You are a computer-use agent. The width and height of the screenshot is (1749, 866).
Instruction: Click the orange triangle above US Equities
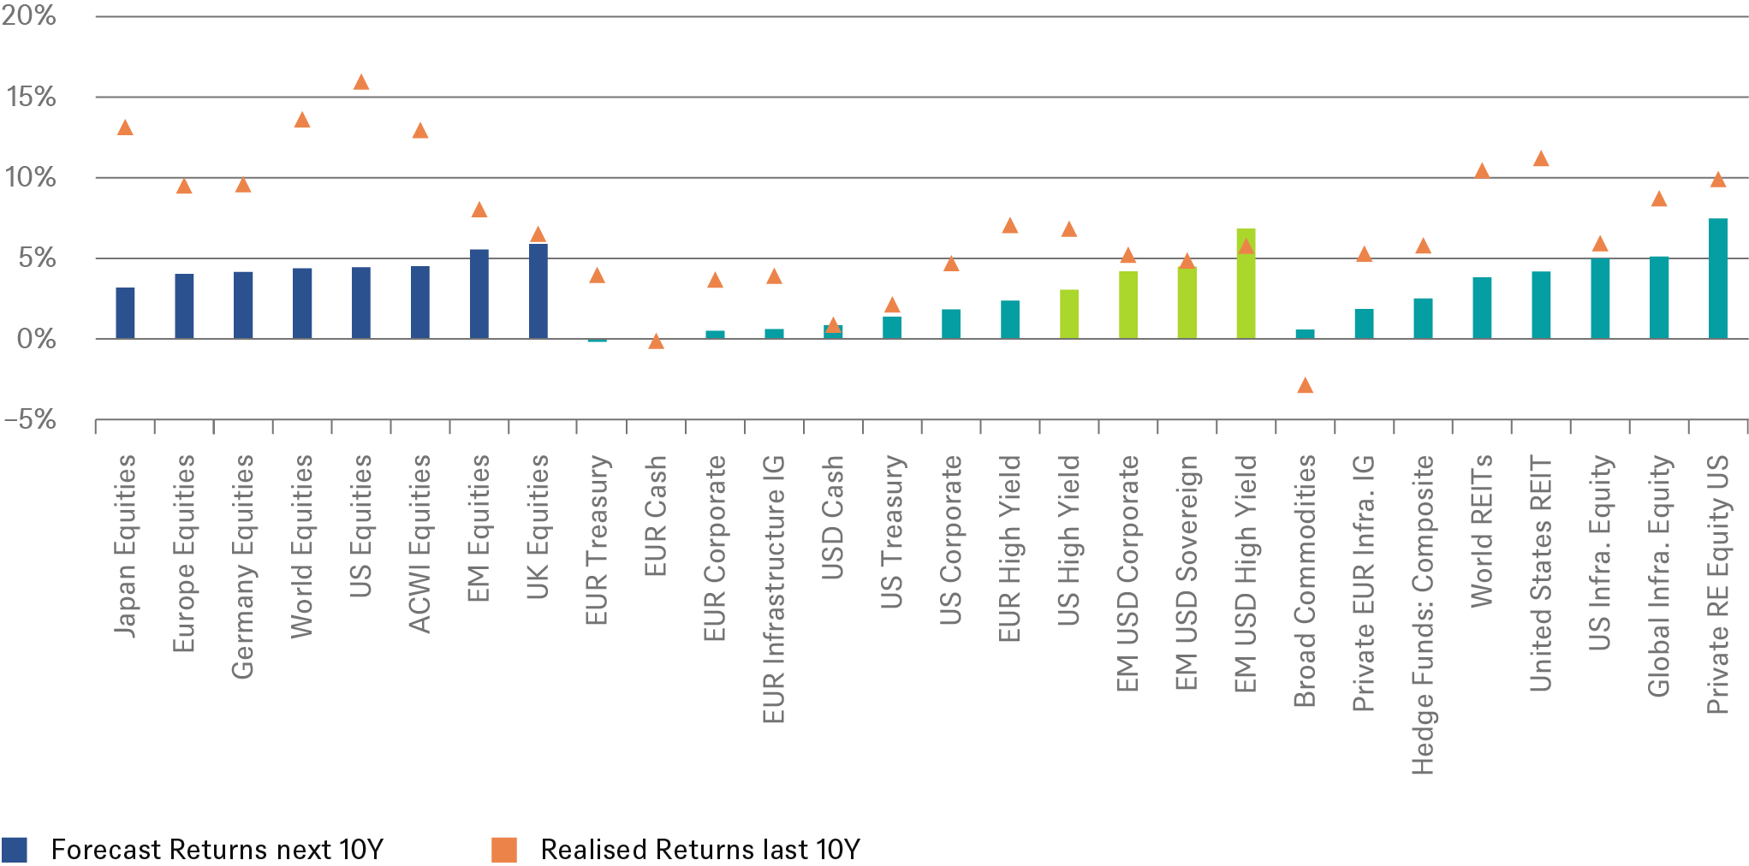(x=361, y=83)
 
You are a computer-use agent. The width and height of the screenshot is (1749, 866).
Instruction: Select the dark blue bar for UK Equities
(x=538, y=291)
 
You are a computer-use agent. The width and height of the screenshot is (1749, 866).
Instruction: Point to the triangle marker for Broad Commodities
(x=1305, y=386)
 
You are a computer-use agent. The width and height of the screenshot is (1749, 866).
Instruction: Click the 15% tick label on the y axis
(x=31, y=97)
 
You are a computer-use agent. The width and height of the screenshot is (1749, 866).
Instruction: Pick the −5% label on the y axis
(x=29, y=419)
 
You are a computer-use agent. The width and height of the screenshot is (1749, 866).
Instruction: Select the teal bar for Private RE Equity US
(x=1717, y=279)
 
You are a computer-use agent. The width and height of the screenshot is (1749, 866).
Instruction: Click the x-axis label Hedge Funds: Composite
(x=1423, y=614)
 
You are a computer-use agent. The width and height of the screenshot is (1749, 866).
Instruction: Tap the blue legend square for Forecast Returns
(x=15, y=850)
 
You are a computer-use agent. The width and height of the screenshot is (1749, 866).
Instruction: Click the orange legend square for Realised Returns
(x=504, y=850)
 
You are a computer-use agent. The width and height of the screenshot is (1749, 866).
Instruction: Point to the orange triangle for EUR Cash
(x=657, y=341)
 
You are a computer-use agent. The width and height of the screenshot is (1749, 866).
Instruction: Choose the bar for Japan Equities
(x=125, y=313)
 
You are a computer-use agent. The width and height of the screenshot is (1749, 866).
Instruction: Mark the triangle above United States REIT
(x=1541, y=159)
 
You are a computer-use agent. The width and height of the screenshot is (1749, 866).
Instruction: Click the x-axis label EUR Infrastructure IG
(x=773, y=589)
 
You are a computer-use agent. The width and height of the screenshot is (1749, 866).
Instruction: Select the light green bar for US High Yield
(x=1068, y=314)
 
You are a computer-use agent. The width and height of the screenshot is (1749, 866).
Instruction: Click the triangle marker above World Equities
(x=302, y=120)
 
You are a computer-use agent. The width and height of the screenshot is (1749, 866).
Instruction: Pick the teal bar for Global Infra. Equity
(x=1658, y=297)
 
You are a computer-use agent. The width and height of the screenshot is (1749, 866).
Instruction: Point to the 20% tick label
(x=29, y=15)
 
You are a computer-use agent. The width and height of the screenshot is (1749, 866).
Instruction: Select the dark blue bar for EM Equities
(x=479, y=294)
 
